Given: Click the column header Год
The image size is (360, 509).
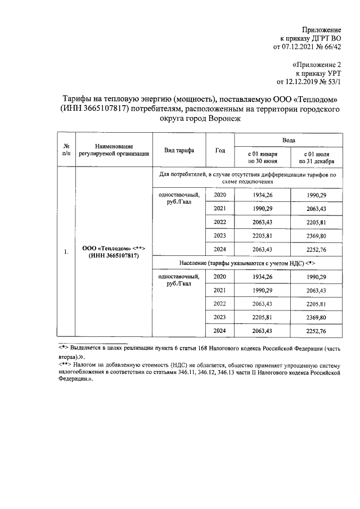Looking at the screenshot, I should tap(220, 151).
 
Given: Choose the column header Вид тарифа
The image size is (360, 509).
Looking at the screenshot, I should tap(179, 151).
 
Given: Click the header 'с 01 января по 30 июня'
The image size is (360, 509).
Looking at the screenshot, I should tap(262, 157).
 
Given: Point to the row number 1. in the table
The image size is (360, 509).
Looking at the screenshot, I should tap(66, 252).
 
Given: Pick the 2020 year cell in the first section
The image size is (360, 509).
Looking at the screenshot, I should tap(220, 195).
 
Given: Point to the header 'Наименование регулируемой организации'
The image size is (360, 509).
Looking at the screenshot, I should tap(114, 149).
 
